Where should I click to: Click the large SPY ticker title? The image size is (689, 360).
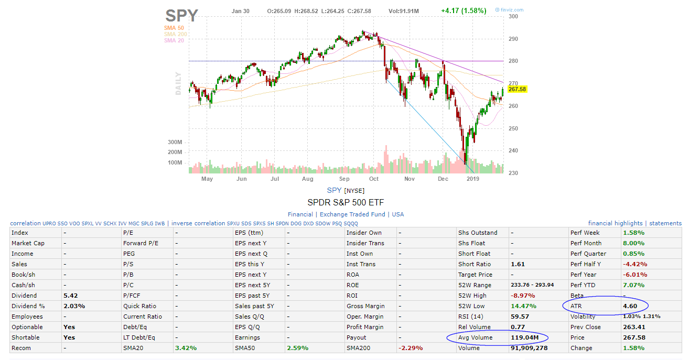click(x=181, y=15)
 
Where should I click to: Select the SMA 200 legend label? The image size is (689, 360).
click(x=176, y=34)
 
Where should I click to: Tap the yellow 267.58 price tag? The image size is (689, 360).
click(x=516, y=89)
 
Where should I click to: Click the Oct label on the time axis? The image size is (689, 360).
click(x=373, y=179)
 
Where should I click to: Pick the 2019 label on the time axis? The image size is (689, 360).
click(x=473, y=179)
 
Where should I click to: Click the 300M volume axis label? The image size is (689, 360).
click(x=175, y=142)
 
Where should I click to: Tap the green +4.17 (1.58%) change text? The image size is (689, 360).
click(x=464, y=10)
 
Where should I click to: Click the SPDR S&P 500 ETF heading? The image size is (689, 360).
click(x=346, y=202)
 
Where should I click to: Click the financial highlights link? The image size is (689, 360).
click(x=615, y=223)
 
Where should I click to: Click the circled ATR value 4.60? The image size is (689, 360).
click(x=630, y=306)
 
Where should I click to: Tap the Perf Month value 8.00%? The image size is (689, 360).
click(x=633, y=243)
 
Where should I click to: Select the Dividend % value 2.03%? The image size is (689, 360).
click(x=74, y=306)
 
